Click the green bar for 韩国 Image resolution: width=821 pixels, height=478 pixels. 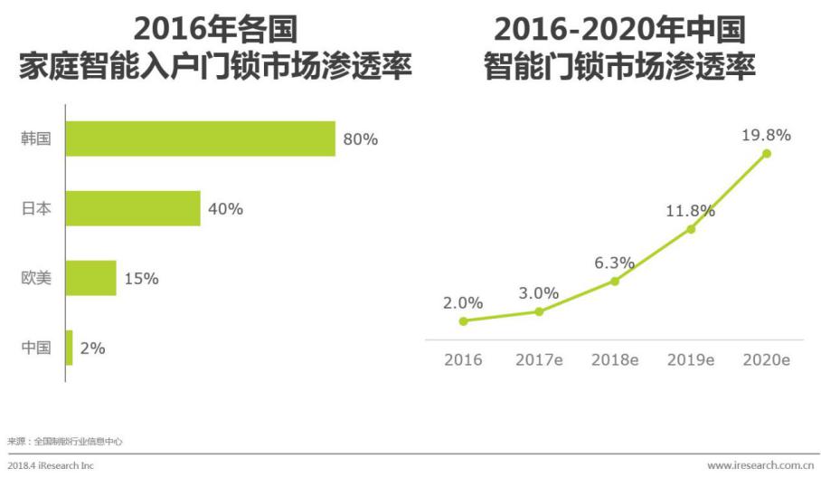(x=201, y=139)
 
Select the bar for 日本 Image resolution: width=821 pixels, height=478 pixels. (x=133, y=208)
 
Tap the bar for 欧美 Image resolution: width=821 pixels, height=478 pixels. (x=91, y=278)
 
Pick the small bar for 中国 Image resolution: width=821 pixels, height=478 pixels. (x=69, y=348)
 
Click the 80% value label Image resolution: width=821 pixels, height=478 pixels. (x=360, y=139)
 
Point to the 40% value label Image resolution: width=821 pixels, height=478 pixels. (x=225, y=209)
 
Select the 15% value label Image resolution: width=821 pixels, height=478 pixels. (x=141, y=279)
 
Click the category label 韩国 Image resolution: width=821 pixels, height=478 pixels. (x=36, y=139)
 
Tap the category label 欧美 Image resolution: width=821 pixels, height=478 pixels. (x=36, y=279)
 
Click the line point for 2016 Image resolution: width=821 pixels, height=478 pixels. (x=463, y=320)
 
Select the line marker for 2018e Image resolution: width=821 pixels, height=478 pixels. (x=615, y=281)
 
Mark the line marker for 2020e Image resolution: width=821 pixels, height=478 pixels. (x=767, y=153)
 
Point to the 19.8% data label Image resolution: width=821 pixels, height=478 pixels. (x=766, y=135)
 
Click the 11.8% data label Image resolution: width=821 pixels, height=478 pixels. (x=690, y=211)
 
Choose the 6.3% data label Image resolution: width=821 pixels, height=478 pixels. (x=615, y=263)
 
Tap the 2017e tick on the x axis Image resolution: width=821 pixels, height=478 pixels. (x=539, y=359)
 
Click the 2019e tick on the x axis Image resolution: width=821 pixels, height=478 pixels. (x=691, y=359)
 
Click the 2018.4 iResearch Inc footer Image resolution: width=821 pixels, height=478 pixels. (x=50, y=465)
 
